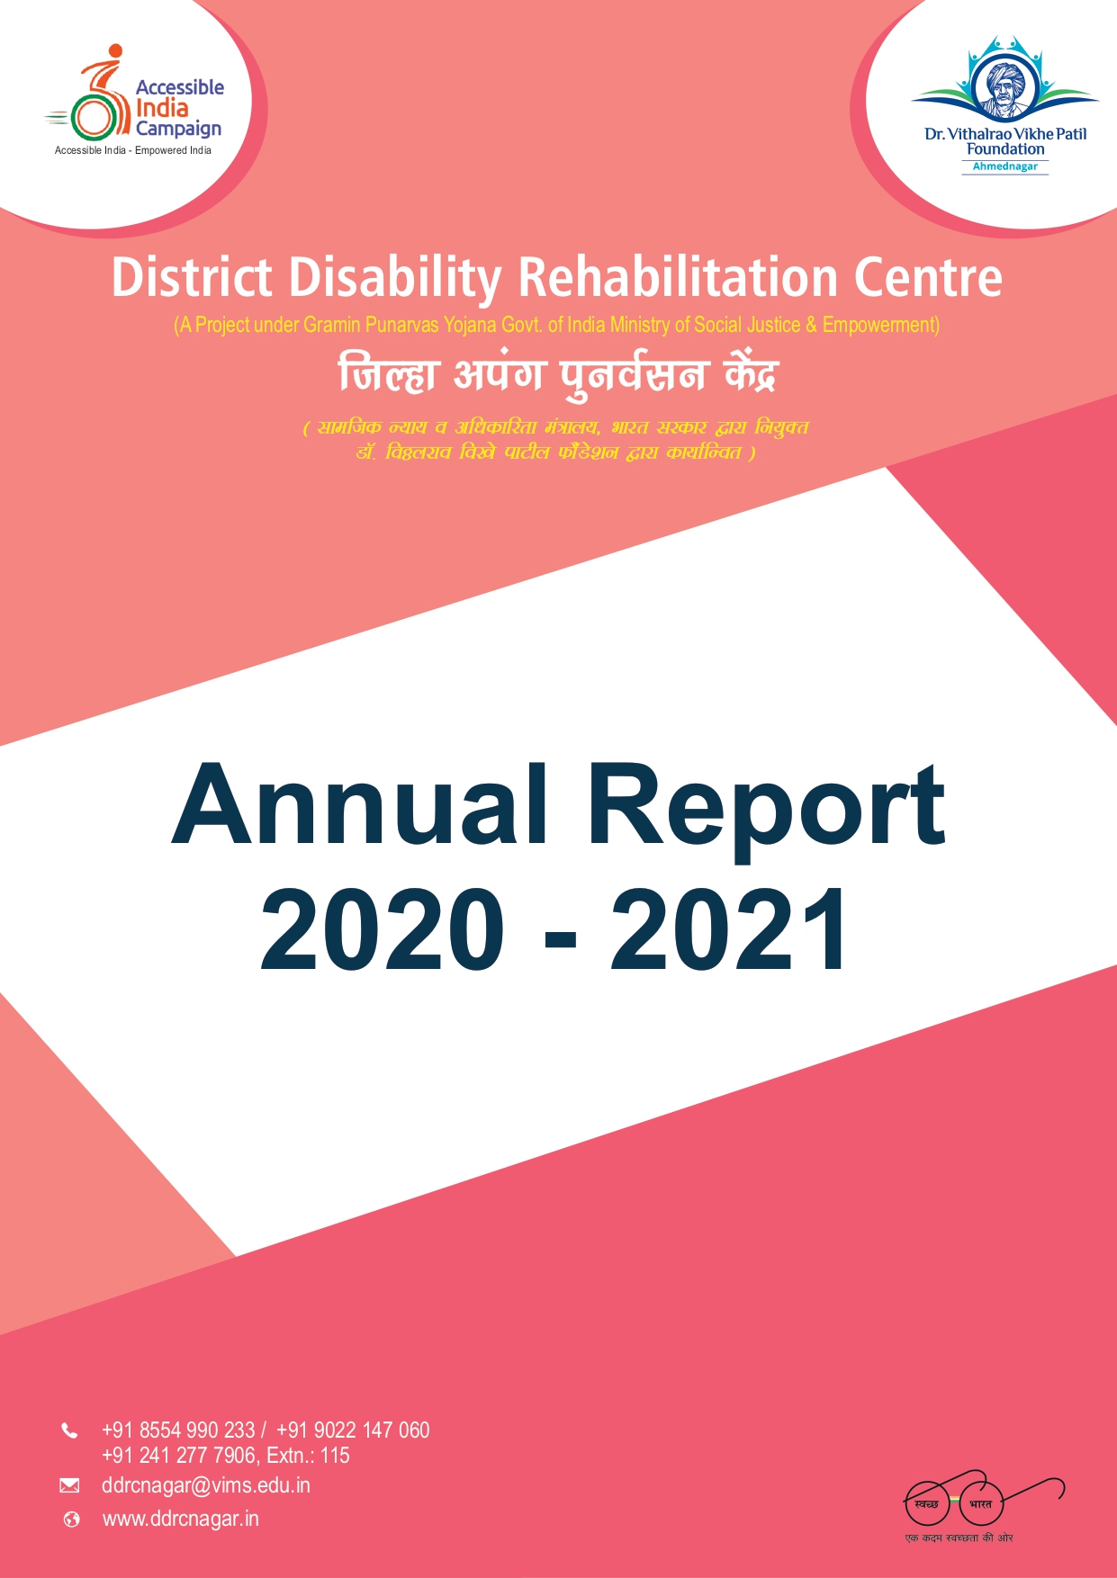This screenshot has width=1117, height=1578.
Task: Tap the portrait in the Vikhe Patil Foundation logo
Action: pos(1004,87)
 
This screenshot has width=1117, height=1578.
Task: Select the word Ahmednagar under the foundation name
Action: pos(1004,166)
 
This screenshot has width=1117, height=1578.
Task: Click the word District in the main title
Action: pos(191,277)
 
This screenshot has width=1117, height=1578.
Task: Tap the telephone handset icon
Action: pos(69,1430)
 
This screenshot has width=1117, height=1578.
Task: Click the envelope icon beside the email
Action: pos(69,1485)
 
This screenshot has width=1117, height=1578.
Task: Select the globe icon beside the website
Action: pos(71,1520)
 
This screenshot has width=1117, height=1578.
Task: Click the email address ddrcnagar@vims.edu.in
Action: pos(205,1485)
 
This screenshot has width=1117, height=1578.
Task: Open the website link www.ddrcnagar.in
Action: pos(180,1519)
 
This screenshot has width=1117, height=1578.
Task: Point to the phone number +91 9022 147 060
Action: pos(353,1430)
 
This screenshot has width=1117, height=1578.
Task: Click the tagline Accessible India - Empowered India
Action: pos(133,150)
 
